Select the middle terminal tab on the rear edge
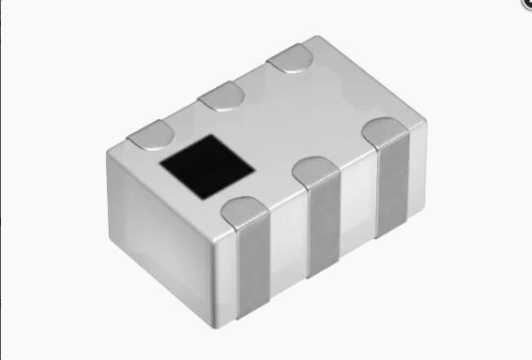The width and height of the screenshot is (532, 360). point(221,95)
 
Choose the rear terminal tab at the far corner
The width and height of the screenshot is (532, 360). point(290,57)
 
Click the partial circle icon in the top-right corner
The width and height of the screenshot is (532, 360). point(526,4)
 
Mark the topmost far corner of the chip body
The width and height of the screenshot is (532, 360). point(319,39)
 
